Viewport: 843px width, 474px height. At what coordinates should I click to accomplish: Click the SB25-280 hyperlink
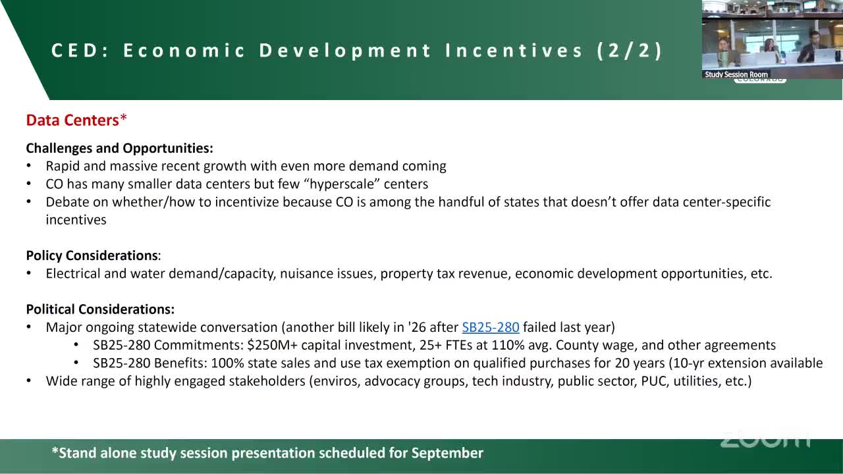tap(491, 327)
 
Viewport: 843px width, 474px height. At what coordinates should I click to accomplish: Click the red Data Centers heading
tap(72, 120)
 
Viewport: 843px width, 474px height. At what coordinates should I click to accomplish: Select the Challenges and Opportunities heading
tap(119, 148)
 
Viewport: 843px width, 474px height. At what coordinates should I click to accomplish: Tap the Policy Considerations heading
tap(92, 255)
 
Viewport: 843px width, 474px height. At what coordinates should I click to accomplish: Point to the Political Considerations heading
tap(100, 309)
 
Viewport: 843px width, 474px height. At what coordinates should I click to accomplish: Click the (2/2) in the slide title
tap(630, 51)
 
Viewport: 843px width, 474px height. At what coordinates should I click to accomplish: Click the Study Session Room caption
tap(736, 74)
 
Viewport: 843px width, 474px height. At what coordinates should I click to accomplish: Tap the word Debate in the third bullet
tap(67, 202)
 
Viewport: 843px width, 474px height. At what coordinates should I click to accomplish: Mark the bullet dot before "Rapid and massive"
tap(29, 166)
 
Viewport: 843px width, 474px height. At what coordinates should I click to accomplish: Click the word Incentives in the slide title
tap(514, 51)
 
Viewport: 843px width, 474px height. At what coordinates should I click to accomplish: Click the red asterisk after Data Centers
tap(123, 118)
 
